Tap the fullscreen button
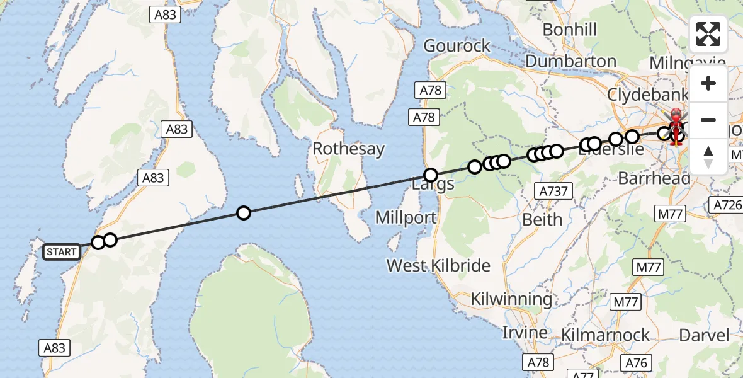708,34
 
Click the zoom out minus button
708,119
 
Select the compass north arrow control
708,156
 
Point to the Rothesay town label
348,149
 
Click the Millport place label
406,218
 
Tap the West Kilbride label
438,265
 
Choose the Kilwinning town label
511,299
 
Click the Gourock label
457,46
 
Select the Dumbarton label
570,61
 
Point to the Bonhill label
569,30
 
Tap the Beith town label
543,219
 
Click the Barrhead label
654,178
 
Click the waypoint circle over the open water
243,213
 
